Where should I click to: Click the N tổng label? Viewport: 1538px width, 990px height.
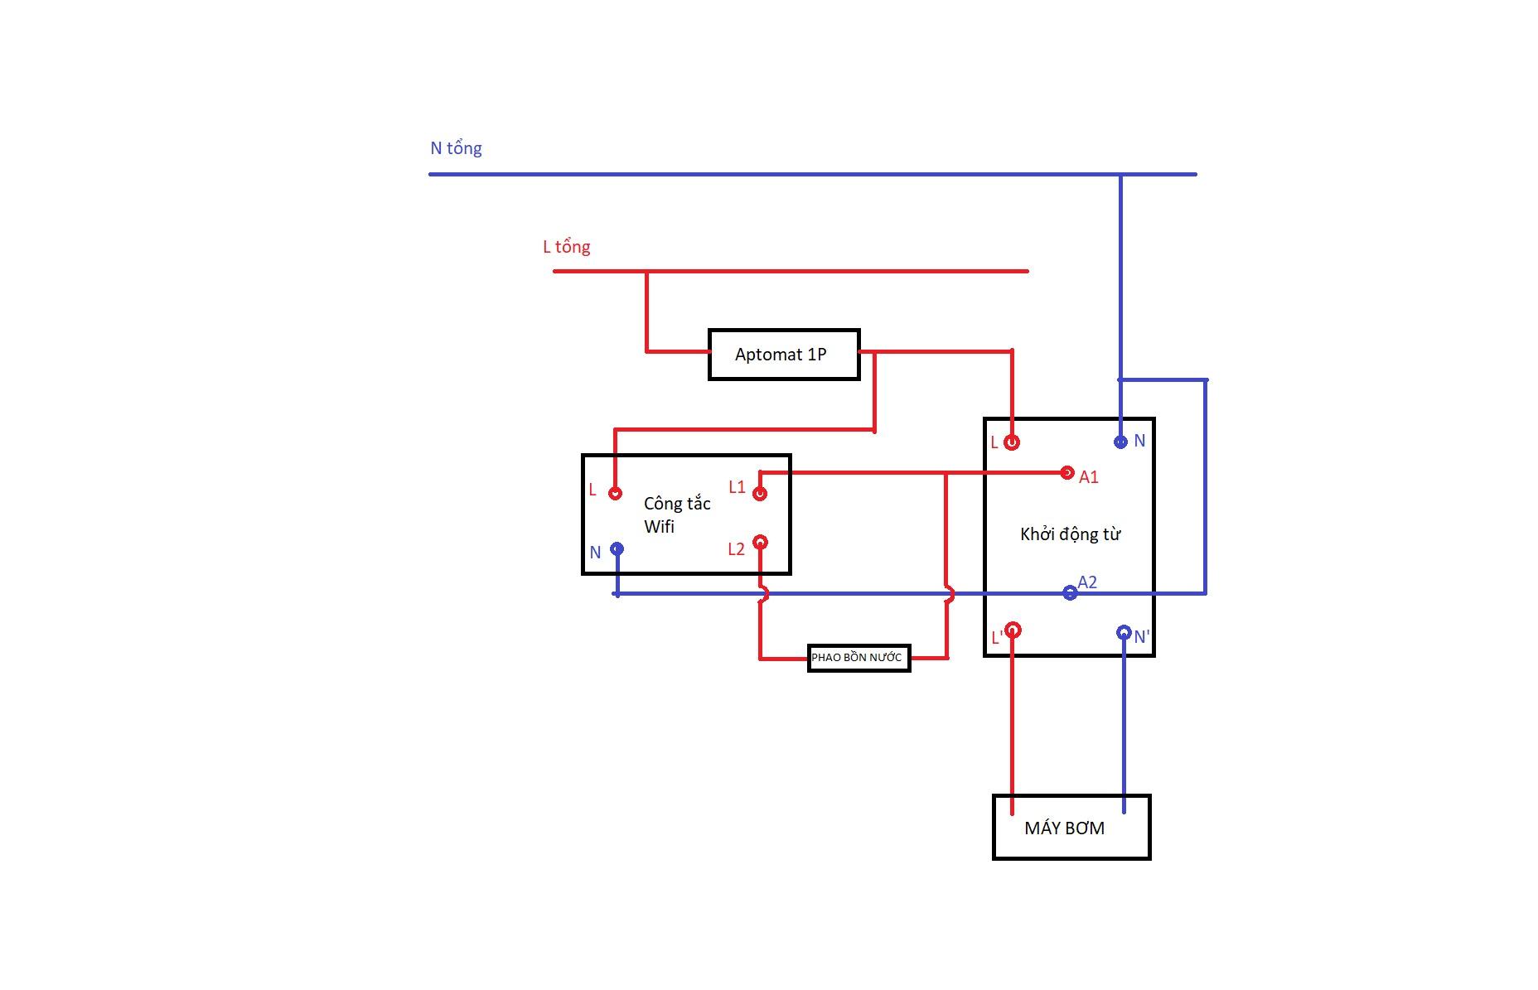[456, 148]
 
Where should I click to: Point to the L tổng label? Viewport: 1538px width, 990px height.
[566, 247]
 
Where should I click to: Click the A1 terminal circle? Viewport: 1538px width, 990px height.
[1067, 472]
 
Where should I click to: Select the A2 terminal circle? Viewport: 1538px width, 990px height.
[1070, 593]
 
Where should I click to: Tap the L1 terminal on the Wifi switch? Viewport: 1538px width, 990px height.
[760, 494]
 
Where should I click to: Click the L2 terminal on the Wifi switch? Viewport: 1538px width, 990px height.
[760, 543]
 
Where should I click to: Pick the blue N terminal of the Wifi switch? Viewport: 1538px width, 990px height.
[617, 548]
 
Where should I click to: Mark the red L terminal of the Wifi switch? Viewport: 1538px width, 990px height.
[615, 494]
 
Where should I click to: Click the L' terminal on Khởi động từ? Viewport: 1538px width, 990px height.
[1012, 630]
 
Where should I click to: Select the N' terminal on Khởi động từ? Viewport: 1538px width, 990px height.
[1124, 633]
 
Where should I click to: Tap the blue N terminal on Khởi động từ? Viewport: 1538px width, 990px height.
[1120, 442]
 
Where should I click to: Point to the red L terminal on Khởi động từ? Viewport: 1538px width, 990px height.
[1011, 442]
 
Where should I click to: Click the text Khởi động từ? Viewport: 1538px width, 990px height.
[1070, 534]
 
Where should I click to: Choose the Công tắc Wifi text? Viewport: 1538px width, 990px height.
[677, 514]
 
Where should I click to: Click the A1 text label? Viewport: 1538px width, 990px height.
[1089, 477]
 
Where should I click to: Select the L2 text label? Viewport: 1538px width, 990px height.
[736, 549]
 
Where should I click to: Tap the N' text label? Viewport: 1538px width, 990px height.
[1142, 637]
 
